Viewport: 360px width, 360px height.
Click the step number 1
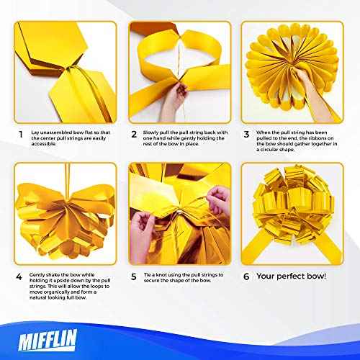click(20, 134)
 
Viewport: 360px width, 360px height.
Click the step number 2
click(134, 134)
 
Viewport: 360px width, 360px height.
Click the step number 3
click(247, 134)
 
